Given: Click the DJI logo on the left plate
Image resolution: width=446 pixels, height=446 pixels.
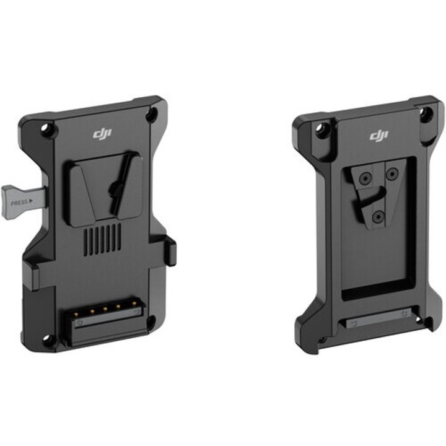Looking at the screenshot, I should (101, 133).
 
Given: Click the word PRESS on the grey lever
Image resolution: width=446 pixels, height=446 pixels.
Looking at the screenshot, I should (19, 202).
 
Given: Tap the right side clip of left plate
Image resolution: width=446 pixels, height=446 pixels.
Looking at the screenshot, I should (171, 251).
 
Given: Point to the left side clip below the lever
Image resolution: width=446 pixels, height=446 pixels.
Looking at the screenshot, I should (33, 273).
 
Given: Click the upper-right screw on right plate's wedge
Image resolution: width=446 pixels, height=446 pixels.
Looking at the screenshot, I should (392, 175).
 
